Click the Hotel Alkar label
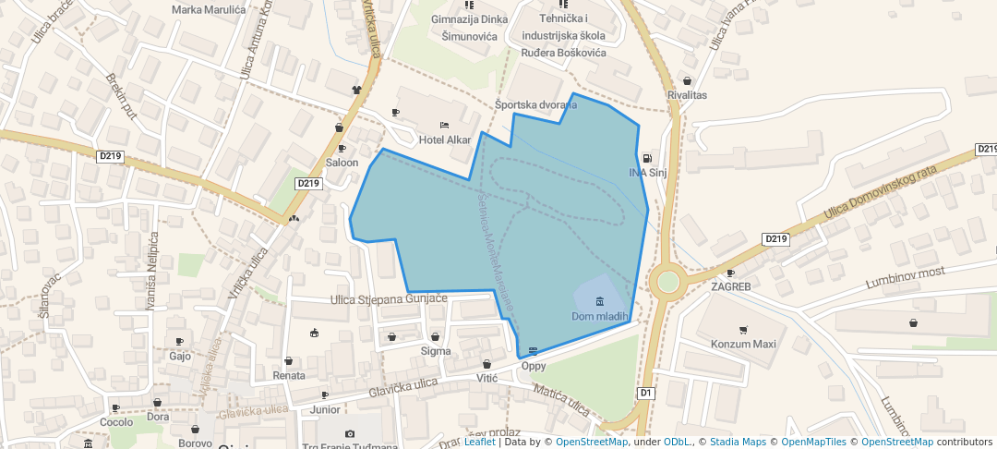click(x=444, y=140)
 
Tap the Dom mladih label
click(x=600, y=316)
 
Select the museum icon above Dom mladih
click(x=600, y=301)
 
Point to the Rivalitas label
click(x=687, y=95)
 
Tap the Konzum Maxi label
click(x=743, y=345)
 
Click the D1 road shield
click(x=646, y=394)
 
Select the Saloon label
click(x=342, y=163)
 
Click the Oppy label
click(x=534, y=366)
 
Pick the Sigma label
click(x=436, y=351)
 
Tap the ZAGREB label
click(x=730, y=286)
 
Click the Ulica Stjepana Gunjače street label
click(x=389, y=299)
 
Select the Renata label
click(x=289, y=376)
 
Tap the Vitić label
click(x=486, y=379)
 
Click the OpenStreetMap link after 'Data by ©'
click(x=591, y=442)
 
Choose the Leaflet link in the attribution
click(x=479, y=442)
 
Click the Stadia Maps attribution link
click(x=737, y=442)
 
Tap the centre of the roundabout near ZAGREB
click(x=667, y=283)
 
